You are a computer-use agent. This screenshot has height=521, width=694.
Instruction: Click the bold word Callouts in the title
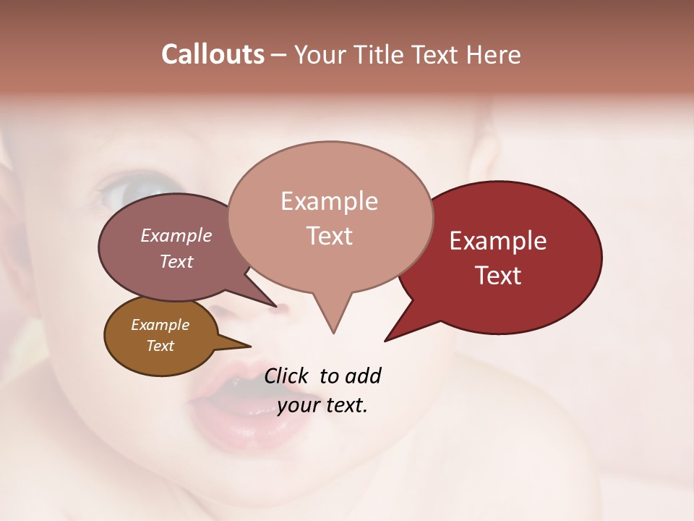(x=213, y=54)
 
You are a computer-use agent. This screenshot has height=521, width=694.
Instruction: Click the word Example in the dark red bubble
(x=498, y=241)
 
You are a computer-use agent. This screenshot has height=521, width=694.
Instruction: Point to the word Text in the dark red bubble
(x=498, y=276)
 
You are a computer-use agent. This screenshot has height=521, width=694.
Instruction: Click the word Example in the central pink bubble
(x=329, y=201)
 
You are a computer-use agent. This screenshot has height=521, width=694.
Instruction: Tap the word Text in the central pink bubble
(x=329, y=236)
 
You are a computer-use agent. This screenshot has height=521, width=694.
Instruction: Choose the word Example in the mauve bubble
(x=176, y=235)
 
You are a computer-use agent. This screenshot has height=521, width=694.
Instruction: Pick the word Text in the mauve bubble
(x=176, y=261)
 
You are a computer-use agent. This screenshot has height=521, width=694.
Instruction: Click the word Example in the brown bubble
(x=160, y=325)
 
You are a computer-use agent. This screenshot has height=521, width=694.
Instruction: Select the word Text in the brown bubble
(x=160, y=346)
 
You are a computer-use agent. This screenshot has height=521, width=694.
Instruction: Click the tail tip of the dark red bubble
(x=387, y=339)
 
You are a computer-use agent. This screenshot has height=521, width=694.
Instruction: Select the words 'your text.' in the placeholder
(x=322, y=405)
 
